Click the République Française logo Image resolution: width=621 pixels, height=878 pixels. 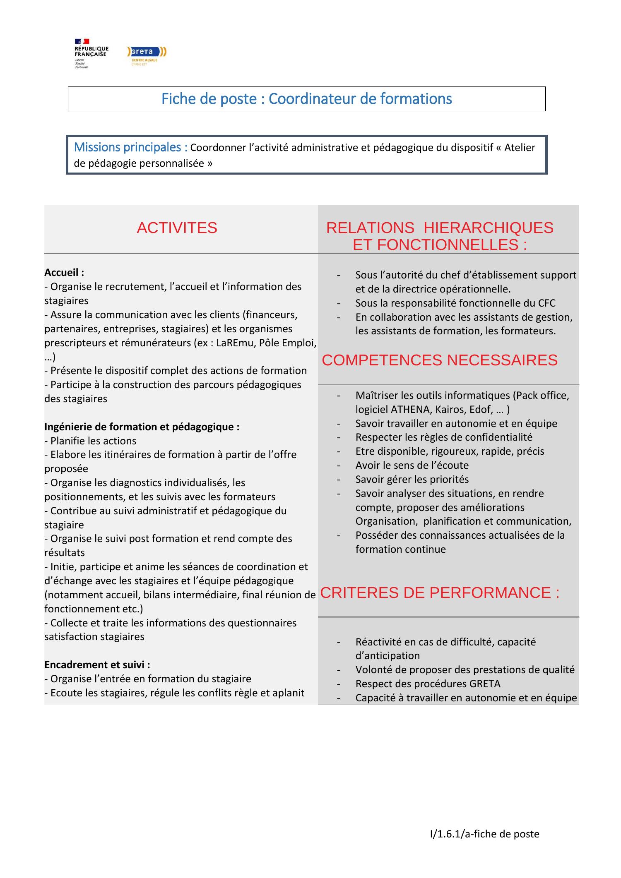(91, 53)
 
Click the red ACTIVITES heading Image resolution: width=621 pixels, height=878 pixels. (177, 228)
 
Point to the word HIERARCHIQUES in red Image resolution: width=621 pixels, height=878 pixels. (489, 228)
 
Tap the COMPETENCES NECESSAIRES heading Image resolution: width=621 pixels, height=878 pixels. (440, 360)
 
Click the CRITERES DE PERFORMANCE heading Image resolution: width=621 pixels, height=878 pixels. (440, 593)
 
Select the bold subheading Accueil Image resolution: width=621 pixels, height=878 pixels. (64, 273)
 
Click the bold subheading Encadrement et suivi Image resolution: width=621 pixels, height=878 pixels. (97, 665)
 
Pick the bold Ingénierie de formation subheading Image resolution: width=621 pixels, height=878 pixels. (142, 427)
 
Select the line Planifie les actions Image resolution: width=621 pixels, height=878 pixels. (90, 441)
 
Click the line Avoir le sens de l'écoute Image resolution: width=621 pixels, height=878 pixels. (412, 465)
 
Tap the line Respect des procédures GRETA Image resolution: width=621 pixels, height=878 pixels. (428, 684)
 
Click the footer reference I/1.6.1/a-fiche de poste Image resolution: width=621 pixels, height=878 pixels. (484, 834)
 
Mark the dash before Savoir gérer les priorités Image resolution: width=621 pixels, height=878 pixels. (339, 480)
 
